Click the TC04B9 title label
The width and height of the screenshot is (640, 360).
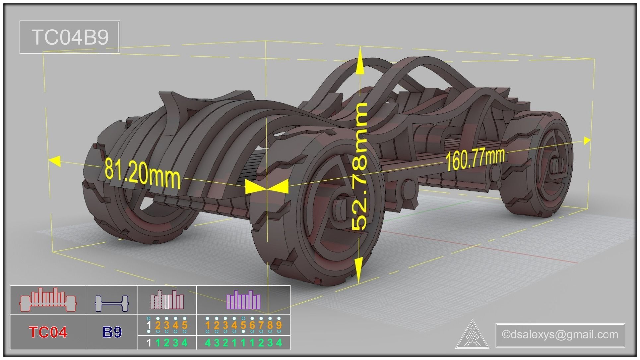tap(70, 37)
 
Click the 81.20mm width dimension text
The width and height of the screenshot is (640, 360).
tap(143, 174)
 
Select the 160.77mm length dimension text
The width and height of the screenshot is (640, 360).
tap(475, 159)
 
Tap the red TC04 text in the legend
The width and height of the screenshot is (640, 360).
tap(48, 332)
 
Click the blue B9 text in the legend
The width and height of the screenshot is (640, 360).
tap(112, 332)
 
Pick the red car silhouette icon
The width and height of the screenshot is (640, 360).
tap(48, 300)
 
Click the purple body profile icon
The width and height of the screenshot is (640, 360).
tap(244, 300)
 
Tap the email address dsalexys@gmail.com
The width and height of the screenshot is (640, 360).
tap(560, 334)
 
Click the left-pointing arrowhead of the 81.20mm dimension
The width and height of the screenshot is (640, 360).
tap(55, 162)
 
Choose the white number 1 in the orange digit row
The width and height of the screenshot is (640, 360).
tap(149, 325)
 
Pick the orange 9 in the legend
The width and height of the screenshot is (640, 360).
tap(279, 325)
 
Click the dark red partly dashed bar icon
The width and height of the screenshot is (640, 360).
tap(167, 300)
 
